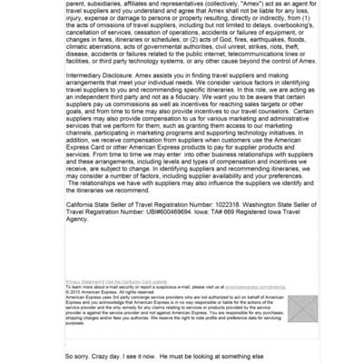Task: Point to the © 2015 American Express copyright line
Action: [x=99, y=292]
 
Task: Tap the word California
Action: [x=83, y=206]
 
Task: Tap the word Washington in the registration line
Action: [x=268, y=206]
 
